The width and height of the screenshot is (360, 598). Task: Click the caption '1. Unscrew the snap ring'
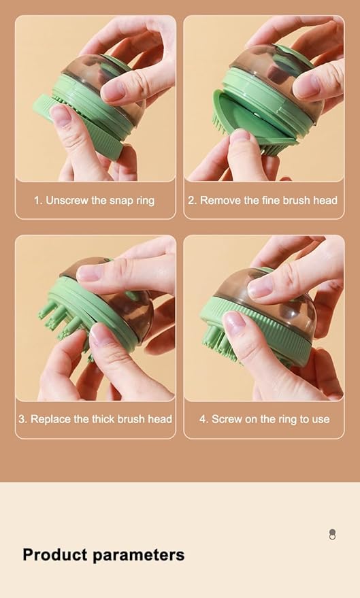tap(95, 200)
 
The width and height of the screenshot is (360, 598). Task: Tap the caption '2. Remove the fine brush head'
tap(263, 200)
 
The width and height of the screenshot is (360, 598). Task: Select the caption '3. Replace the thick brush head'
tap(95, 419)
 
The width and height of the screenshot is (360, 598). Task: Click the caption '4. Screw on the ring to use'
tap(264, 419)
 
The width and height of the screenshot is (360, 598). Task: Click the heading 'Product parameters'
tap(103, 554)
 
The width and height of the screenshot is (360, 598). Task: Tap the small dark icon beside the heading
tap(332, 534)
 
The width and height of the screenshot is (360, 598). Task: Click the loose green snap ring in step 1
tap(75, 126)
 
